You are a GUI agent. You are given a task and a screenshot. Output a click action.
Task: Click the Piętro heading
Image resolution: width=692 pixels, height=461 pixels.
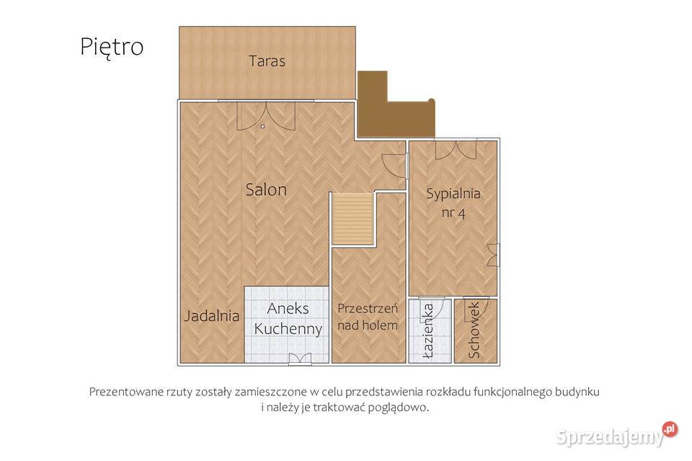[x=112, y=47]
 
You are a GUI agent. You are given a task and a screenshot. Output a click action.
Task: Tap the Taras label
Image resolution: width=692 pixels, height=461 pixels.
[x=267, y=61]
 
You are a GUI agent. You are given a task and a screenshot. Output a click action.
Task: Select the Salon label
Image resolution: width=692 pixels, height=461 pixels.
[x=266, y=190]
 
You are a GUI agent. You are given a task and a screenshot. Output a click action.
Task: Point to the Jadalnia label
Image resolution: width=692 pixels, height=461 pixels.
[x=212, y=315]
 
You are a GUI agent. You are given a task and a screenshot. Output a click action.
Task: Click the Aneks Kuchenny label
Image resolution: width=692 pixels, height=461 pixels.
[x=288, y=318]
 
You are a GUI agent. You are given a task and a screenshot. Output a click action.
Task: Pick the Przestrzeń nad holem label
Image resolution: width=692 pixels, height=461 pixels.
[x=368, y=317]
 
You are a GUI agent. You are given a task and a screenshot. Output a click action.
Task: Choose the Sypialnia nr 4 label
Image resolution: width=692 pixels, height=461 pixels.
[x=453, y=203]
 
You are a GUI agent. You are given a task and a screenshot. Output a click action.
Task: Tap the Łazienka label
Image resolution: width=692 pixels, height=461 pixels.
[x=427, y=330]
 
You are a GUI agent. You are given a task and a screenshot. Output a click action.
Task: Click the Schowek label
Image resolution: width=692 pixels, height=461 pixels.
[x=474, y=330]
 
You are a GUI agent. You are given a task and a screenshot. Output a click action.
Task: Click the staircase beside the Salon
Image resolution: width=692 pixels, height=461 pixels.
[x=353, y=218]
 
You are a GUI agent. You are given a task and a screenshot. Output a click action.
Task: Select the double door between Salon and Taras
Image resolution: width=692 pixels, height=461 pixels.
[x=266, y=116]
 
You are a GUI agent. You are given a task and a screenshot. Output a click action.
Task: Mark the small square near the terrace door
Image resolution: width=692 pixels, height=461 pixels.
[x=262, y=126]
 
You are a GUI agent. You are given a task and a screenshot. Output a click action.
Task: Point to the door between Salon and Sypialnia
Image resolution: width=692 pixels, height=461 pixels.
[x=394, y=166]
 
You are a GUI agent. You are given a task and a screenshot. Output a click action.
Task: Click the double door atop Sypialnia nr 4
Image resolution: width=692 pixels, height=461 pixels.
[x=456, y=149]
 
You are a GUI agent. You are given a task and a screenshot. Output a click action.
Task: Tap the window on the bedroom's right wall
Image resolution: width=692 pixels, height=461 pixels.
[x=493, y=255]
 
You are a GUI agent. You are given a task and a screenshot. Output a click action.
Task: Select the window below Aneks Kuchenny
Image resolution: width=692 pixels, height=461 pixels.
[x=300, y=359]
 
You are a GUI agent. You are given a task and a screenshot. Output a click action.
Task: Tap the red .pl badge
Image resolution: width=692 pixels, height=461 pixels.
[x=670, y=429]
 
